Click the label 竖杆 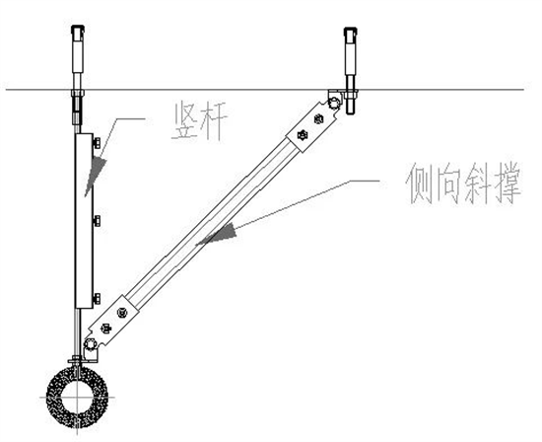point(199,120)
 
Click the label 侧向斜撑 point(463,184)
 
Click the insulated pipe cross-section point(78,397)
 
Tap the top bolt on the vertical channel point(98,142)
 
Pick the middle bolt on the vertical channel point(98,220)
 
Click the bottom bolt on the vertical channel point(98,298)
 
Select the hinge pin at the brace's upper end point(335,103)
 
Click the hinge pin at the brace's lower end point(90,345)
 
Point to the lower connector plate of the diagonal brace point(113,321)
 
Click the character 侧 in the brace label point(419,184)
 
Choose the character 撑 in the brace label point(508,184)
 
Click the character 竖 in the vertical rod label point(185,121)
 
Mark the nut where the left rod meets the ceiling point(78,94)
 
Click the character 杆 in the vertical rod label point(214,120)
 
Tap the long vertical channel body point(84,221)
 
